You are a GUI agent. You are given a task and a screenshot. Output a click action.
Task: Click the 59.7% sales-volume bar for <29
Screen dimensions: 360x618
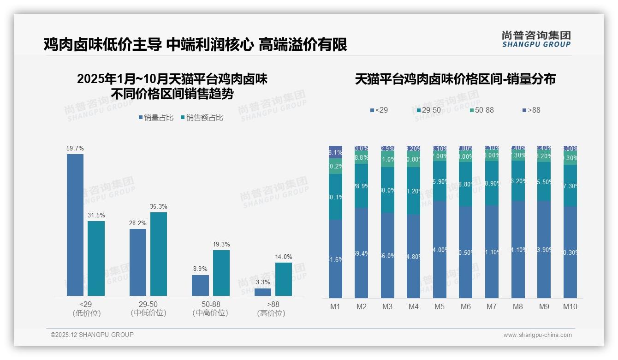click(75, 225)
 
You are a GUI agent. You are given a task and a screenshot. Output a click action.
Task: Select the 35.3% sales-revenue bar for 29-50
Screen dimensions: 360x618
click(159, 254)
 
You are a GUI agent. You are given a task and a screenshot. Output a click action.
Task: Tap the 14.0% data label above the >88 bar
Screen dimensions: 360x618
click(284, 257)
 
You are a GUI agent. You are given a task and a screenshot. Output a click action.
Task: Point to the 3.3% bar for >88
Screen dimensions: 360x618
click(263, 292)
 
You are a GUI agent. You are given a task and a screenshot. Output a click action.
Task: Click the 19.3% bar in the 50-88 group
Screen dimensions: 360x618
click(221, 273)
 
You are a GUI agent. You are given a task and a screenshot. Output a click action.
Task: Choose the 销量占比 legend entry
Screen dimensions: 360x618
click(156, 118)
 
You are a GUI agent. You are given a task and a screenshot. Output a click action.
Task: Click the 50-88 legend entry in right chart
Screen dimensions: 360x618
click(481, 110)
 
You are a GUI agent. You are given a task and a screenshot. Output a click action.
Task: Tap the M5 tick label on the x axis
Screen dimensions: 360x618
click(440, 306)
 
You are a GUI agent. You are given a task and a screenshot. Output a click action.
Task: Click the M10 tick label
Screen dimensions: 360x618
click(570, 306)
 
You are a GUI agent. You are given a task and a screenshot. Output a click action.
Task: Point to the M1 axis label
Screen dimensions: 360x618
click(335, 306)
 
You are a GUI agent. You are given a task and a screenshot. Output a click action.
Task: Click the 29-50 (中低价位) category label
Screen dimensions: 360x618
click(148, 308)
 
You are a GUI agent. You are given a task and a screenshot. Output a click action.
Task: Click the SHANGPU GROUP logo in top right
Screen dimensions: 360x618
click(536, 39)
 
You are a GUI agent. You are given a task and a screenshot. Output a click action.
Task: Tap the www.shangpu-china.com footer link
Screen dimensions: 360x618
click(537, 335)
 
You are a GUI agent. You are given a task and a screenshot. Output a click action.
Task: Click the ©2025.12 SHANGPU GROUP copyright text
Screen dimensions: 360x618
click(92, 335)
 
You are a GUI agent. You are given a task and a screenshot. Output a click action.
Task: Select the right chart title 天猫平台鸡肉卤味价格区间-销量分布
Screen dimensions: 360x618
click(455, 79)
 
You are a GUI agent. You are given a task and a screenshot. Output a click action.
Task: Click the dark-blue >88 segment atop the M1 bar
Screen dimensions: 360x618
click(335, 152)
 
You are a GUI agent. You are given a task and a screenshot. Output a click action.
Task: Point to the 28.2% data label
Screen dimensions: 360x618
click(138, 223)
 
